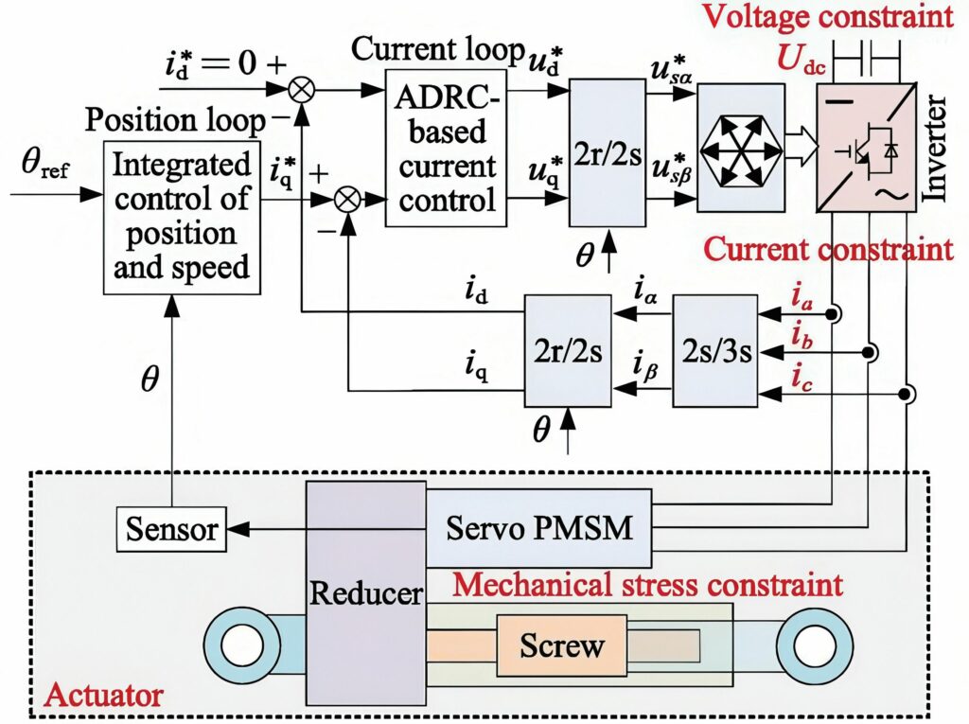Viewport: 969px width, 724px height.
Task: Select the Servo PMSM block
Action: (538, 527)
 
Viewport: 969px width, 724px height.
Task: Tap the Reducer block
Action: (366, 594)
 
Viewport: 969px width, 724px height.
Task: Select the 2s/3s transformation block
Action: (715, 351)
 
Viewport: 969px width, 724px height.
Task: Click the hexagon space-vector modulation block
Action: (740, 147)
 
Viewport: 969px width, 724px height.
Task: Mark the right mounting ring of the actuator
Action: (811, 647)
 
